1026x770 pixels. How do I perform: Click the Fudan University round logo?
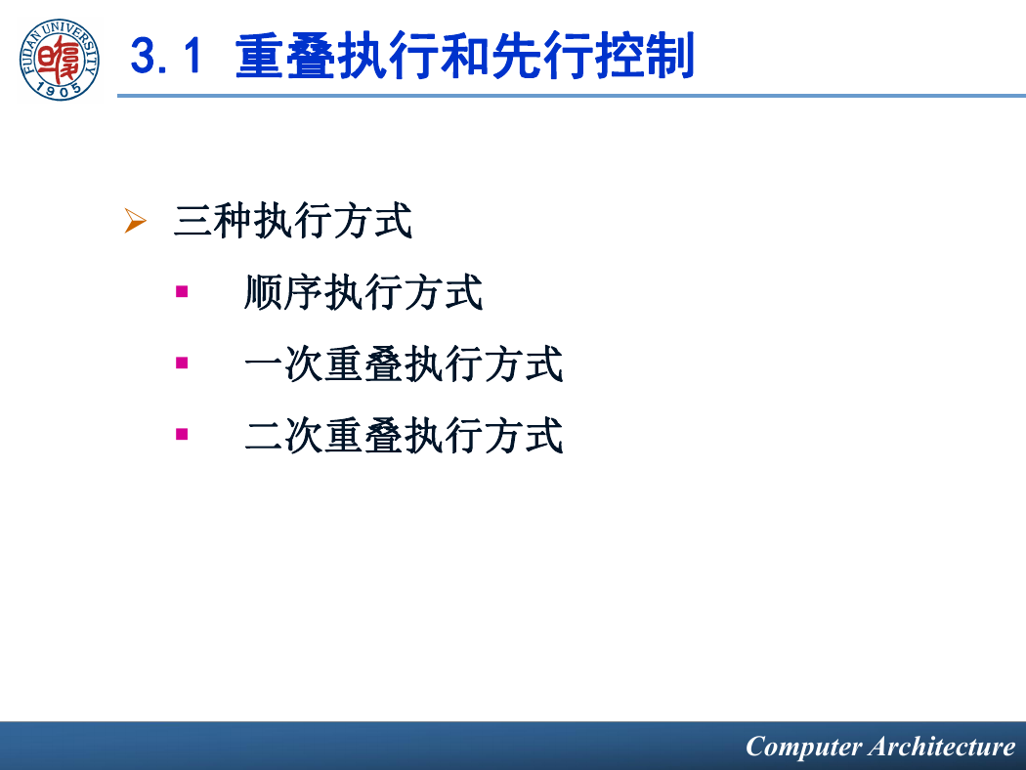click(x=60, y=60)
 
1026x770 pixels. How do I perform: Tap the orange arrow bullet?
click(x=135, y=221)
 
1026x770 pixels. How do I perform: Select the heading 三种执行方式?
click(x=293, y=221)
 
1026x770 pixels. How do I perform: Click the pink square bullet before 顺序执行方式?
click(x=182, y=291)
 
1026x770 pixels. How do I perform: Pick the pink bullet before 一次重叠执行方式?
click(x=182, y=363)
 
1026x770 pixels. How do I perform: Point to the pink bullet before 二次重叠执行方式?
click(x=182, y=434)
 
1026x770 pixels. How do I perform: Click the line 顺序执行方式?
click(x=363, y=292)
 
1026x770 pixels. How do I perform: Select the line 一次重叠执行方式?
click(x=404, y=364)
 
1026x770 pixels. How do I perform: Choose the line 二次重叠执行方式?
click(x=404, y=435)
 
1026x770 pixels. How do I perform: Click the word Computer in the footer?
click(x=803, y=748)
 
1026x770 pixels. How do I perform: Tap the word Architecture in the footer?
click(x=943, y=747)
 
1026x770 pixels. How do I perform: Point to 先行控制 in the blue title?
click(x=593, y=57)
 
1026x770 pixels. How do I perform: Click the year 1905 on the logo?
click(x=60, y=90)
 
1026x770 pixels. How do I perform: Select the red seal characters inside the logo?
click(x=59, y=59)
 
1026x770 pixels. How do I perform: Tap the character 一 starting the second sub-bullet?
click(x=264, y=364)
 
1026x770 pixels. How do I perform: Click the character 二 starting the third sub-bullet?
click(x=264, y=435)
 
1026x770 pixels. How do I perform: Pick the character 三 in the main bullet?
click(x=192, y=221)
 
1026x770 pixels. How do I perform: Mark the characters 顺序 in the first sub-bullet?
click(x=283, y=292)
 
